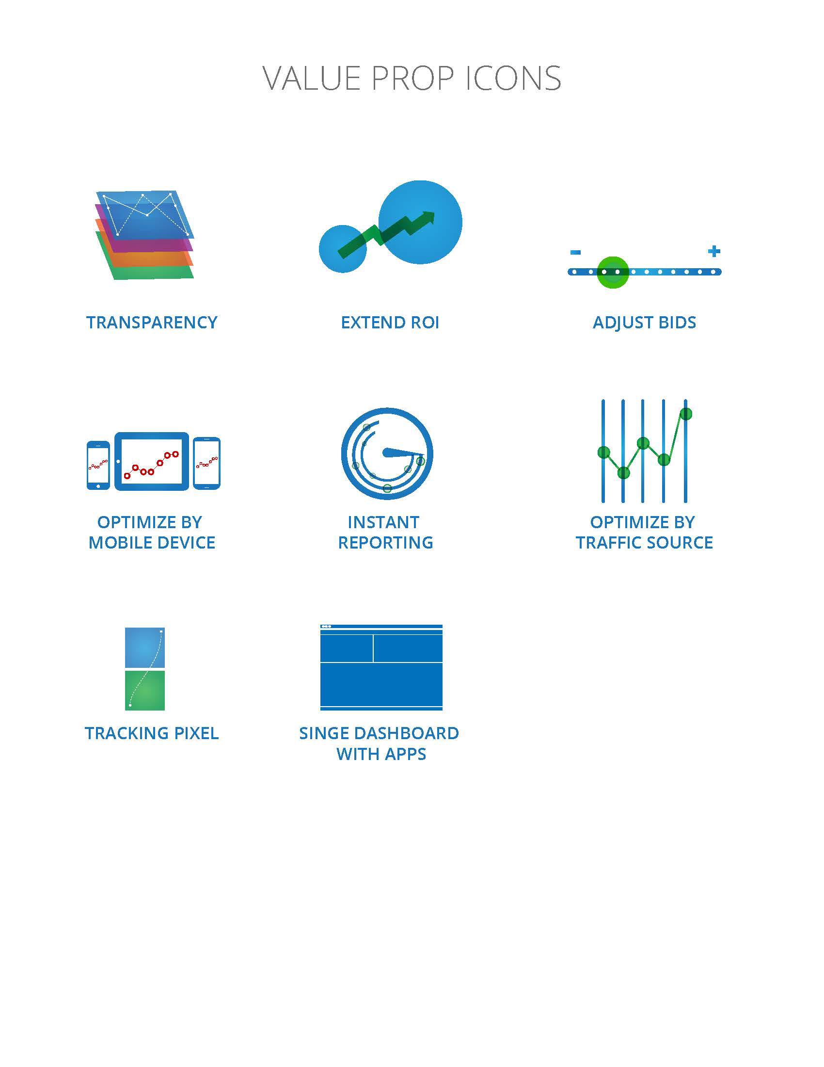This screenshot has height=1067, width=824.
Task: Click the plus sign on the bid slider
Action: pos(713,251)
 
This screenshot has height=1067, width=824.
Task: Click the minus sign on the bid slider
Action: pos(575,252)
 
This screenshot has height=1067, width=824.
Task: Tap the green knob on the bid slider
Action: pos(613,272)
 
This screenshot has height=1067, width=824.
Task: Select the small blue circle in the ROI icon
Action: pos(343,249)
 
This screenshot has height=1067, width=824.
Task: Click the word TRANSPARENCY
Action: pos(152,323)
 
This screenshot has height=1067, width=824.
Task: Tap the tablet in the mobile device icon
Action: pos(152,461)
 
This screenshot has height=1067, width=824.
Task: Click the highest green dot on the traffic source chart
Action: pos(686,414)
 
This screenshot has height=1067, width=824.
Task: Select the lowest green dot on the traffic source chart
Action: pos(623,472)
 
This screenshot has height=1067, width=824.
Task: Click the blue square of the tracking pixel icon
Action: pos(145,647)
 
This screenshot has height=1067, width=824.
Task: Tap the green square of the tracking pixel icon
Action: pos(145,690)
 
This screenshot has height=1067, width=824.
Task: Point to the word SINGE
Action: pos(324,733)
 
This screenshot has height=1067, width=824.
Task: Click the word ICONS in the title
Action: pos(512,78)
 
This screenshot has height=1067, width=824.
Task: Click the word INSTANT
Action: pos(383,522)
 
